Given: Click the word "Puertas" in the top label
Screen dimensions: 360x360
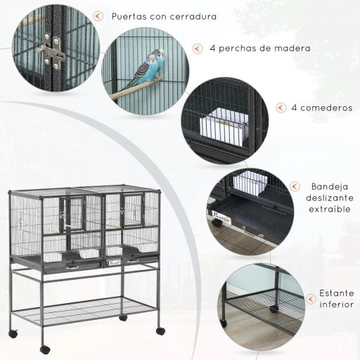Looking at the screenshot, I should click(x=130, y=15).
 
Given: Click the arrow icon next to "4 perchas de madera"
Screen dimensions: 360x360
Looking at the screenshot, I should click(x=196, y=49).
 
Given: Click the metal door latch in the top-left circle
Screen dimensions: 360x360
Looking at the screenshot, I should click(x=50, y=51).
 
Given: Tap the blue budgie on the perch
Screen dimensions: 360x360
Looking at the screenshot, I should click(x=151, y=69).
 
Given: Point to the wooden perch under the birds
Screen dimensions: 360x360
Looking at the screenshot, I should click(x=134, y=89).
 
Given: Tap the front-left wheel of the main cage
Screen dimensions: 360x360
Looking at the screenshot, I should click(x=45, y=349).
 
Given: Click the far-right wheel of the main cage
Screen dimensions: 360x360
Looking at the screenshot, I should click(x=160, y=330).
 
